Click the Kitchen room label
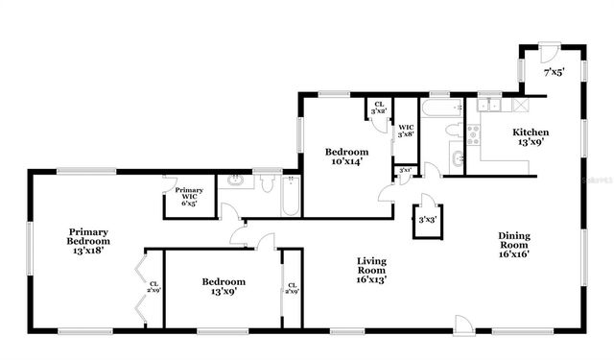tap(531, 137)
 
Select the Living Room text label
tap(371, 271)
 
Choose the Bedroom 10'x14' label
tap(345, 157)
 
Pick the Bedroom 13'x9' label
tap(224, 287)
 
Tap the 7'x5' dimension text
tap(555, 72)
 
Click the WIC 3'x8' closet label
tap(406, 132)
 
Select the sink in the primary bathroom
tap(235, 180)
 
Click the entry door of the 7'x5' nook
tap(549, 51)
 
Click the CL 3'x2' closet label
tap(379, 108)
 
